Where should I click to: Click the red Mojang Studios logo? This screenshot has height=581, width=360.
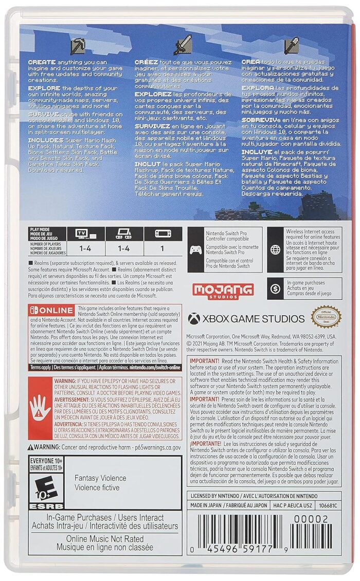tap(223, 290)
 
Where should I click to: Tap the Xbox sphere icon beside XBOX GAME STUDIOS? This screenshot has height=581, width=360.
tap(193, 319)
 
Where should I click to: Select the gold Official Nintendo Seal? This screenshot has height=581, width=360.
tap(326, 317)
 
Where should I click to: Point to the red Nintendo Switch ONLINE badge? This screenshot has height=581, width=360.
tap(52, 311)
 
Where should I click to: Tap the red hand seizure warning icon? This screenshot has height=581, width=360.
tap(40, 408)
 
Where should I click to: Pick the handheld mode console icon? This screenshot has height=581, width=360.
tap(163, 233)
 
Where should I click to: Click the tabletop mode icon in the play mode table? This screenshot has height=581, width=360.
tap(124, 233)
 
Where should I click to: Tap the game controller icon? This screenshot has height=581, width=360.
tap(196, 250)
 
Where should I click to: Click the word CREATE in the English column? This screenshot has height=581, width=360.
tap(42, 62)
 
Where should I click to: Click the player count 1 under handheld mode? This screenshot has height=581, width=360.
tap(163, 248)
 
